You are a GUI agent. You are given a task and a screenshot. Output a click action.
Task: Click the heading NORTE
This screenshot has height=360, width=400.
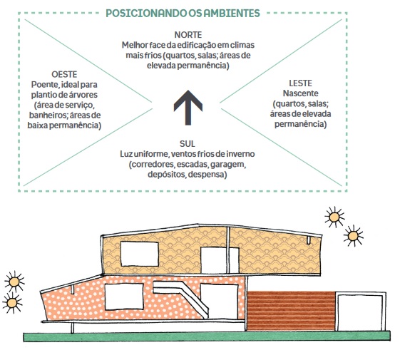tap(188, 35)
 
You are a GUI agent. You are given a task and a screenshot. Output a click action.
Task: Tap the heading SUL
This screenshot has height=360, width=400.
tap(188, 144)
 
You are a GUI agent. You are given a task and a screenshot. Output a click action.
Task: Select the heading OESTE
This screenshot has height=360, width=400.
tap(64, 75)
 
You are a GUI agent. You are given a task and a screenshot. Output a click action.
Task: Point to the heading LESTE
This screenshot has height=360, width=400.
tap(300, 83)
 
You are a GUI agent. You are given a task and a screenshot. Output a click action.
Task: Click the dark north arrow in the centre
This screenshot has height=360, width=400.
tap(188, 108)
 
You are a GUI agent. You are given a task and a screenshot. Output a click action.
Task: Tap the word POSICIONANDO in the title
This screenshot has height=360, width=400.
tap(146, 14)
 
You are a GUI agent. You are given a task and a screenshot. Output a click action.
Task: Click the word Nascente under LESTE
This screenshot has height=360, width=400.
tap(300, 93)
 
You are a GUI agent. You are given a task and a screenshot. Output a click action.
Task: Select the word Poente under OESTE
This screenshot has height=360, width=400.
tap(44, 85)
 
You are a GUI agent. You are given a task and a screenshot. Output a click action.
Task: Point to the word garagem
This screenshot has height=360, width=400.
tap(228, 165)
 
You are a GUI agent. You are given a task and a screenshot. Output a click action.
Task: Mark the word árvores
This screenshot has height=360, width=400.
tap(84, 95)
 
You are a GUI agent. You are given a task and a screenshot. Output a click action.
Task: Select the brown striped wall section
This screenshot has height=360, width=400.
tap(291, 311)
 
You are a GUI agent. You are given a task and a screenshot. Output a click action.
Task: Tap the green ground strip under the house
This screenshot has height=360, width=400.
tap(207, 336)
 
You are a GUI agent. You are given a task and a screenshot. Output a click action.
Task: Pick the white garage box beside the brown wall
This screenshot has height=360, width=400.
tap(361, 312)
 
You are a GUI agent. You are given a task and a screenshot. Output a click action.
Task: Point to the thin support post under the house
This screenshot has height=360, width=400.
tap(73, 328)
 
